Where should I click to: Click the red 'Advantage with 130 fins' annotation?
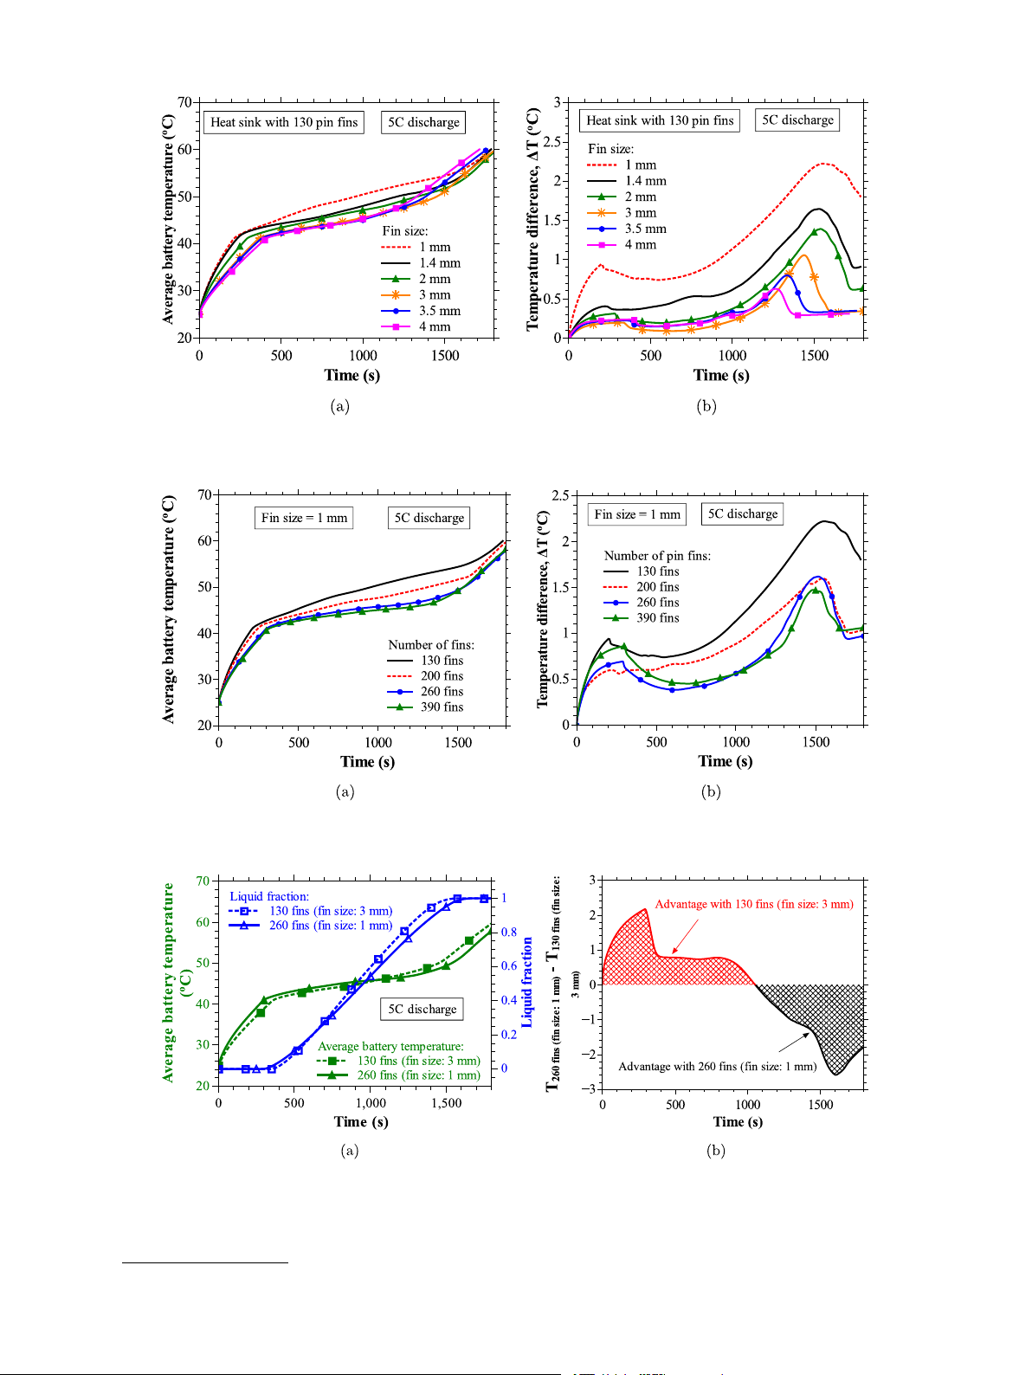753,904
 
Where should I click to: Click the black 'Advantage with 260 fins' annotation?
717,1067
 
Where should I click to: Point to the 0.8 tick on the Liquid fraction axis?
509,933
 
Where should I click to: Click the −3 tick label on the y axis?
589,1088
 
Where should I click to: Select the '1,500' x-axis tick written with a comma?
447,1103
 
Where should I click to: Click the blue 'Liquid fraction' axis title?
527,982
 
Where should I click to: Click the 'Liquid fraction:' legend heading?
269,896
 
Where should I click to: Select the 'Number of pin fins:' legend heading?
657,556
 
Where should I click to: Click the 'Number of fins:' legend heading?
431,645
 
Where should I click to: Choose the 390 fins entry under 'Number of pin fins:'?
657,618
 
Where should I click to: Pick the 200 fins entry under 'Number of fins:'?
442,676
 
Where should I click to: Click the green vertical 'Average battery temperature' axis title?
169,982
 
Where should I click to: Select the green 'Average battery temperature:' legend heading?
390,1047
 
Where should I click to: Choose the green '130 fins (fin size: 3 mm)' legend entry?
418,1061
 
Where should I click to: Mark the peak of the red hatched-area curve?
646,910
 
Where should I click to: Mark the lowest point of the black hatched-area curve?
835,1075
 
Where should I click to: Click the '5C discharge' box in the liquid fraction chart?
422,1010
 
